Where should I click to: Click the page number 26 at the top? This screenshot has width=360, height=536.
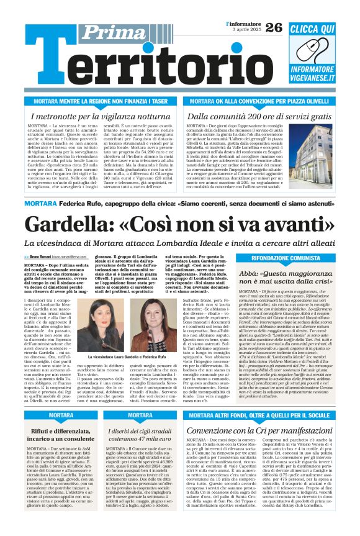[274, 27]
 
